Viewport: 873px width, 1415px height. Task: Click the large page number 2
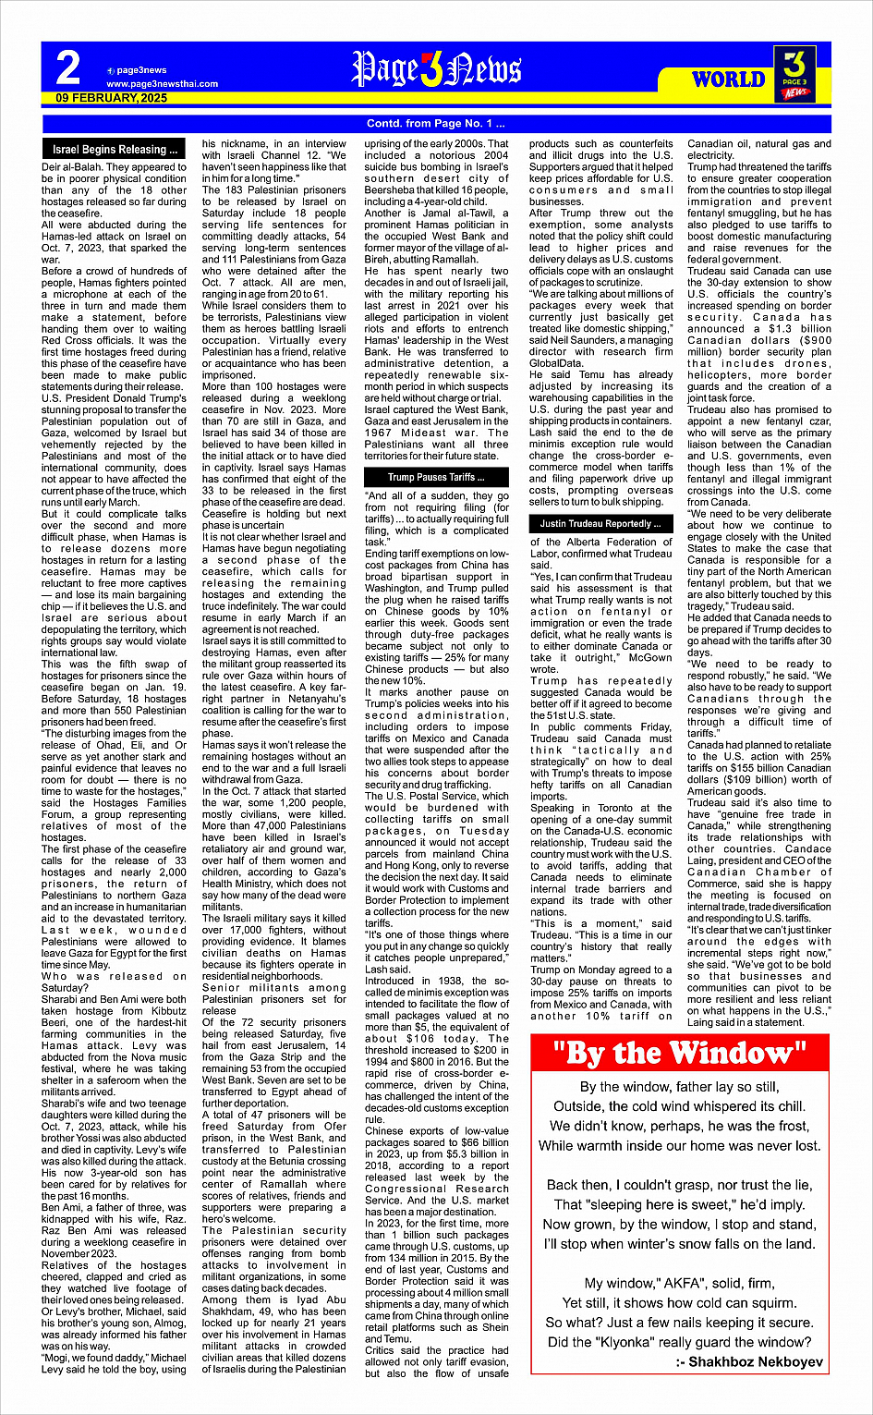tap(68, 69)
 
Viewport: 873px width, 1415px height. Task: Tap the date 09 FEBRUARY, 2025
tap(112, 98)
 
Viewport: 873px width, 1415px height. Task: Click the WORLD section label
tap(729, 79)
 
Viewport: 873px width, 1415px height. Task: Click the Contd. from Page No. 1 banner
tap(436, 124)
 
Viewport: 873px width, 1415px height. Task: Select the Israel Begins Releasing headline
tap(115, 150)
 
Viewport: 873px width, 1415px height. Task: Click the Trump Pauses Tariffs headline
tap(436, 478)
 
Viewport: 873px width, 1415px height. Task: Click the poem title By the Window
tap(679, 1053)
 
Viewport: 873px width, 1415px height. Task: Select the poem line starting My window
tap(679, 1283)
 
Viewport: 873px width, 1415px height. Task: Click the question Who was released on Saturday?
tap(114, 982)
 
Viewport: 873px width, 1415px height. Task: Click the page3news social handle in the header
tap(141, 70)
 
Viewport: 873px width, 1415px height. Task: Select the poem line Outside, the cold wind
tap(679, 1106)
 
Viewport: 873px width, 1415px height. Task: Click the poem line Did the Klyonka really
tap(679, 1342)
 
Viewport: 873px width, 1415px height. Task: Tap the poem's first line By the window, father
tap(679, 1087)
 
